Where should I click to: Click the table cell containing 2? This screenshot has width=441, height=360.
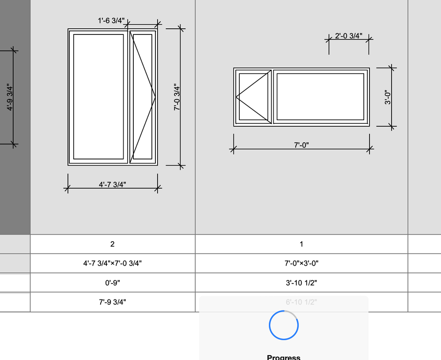click(113, 244)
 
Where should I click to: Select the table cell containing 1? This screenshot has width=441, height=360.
click(301, 244)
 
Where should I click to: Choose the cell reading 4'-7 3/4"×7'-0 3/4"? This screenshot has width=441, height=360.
click(113, 264)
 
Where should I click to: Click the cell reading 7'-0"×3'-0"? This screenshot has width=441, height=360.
click(301, 264)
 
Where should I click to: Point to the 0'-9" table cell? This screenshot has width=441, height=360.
click(113, 283)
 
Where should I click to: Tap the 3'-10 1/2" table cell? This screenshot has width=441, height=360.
click(301, 283)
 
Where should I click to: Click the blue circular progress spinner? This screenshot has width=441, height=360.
click(283, 325)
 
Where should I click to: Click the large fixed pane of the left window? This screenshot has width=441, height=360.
click(98, 96)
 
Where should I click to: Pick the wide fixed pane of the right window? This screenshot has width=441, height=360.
click(320, 96)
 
